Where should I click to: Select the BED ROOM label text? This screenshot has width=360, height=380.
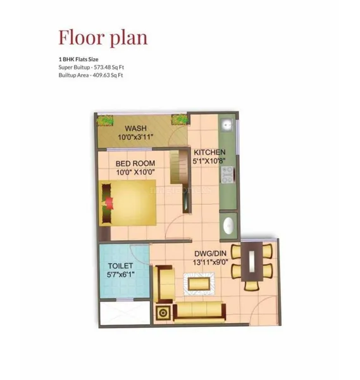pyautogui.click(x=135, y=163)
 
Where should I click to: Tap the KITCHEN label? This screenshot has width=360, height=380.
pyautogui.click(x=209, y=153)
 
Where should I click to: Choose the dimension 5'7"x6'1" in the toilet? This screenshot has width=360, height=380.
pyautogui.click(x=122, y=275)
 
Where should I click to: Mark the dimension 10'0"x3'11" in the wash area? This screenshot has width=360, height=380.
pyautogui.click(x=136, y=137)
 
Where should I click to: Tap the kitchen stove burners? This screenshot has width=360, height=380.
pyautogui.click(x=227, y=173)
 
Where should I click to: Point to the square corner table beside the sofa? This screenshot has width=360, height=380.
pyautogui.click(x=164, y=312)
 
